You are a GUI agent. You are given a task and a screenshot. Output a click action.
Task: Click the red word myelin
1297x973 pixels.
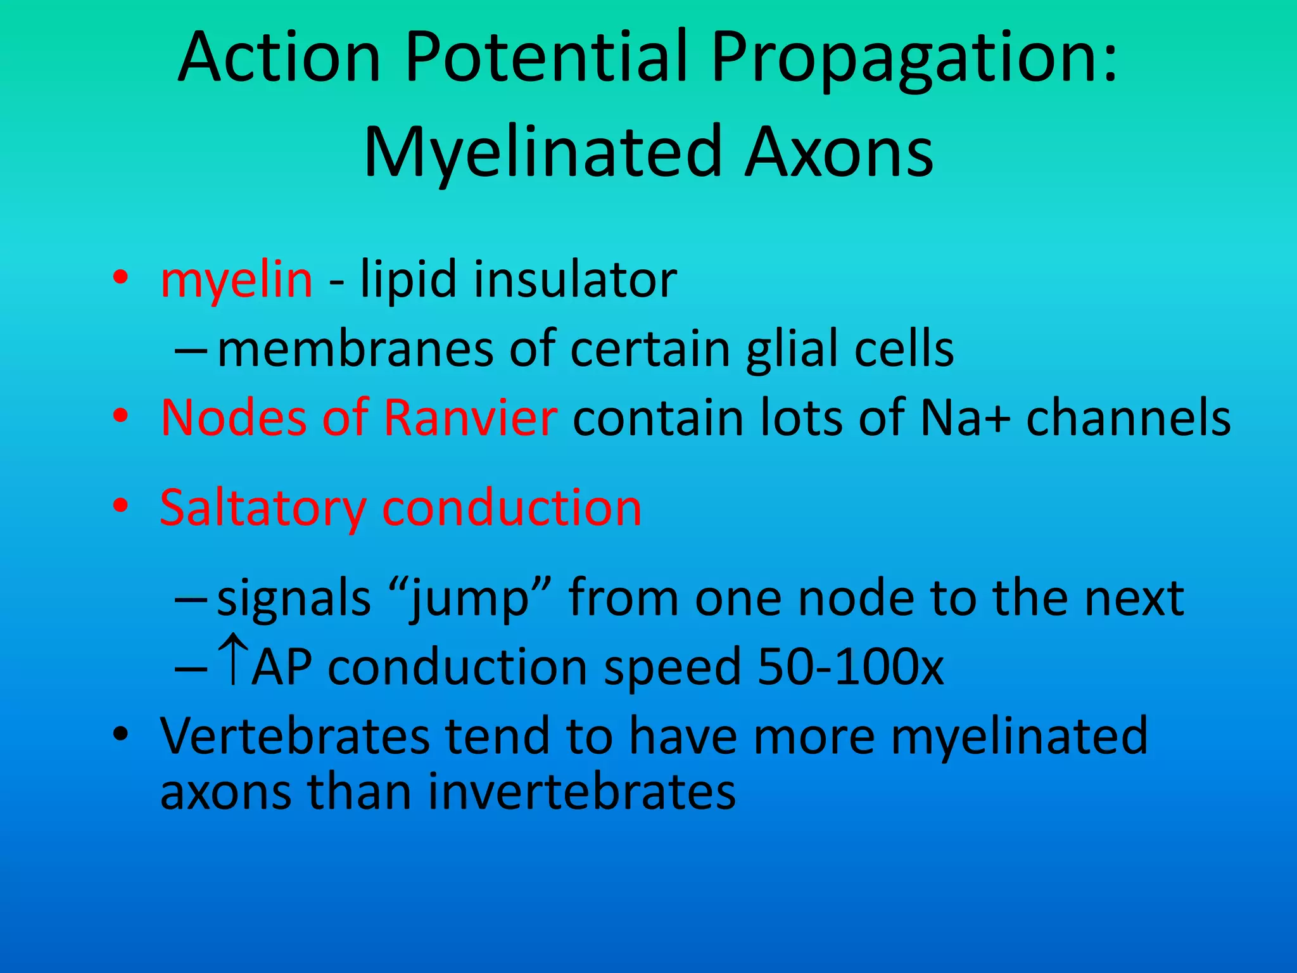(x=236, y=280)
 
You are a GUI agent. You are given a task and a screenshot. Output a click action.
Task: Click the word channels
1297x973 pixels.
(x=1128, y=418)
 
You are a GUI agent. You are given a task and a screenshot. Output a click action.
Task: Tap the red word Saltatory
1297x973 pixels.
(x=263, y=509)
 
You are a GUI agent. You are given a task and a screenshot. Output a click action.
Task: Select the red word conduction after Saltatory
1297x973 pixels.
(x=512, y=509)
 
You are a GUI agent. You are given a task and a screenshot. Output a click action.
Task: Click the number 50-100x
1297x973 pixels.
(x=850, y=667)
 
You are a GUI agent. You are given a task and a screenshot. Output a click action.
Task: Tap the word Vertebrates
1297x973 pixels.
(x=294, y=736)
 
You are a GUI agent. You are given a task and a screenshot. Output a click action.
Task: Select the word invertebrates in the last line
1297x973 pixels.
(x=581, y=792)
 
